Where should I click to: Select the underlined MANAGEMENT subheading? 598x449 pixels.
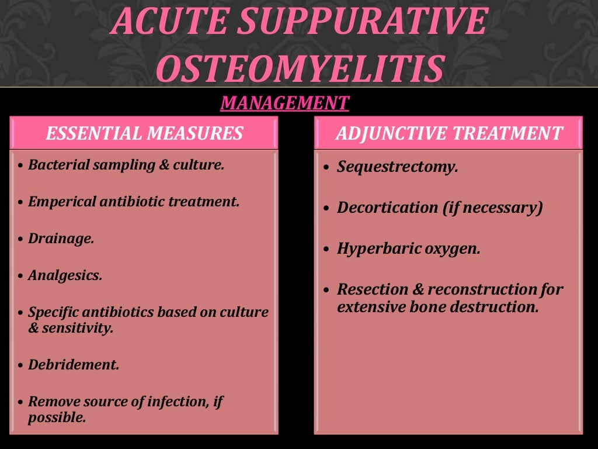click(284, 103)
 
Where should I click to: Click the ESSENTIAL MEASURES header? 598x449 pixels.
click(144, 133)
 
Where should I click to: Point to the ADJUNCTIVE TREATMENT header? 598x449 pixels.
click(448, 133)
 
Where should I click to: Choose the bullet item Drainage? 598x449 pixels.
click(61, 239)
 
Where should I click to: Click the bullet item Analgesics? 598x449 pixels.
click(65, 275)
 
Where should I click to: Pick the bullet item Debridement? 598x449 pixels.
click(74, 365)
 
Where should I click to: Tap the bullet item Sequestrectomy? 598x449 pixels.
click(397, 167)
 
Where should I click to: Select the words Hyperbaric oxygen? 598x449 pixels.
click(408, 248)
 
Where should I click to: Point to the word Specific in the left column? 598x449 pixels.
click(53, 312)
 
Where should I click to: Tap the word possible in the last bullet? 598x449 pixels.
click(57, 418)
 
